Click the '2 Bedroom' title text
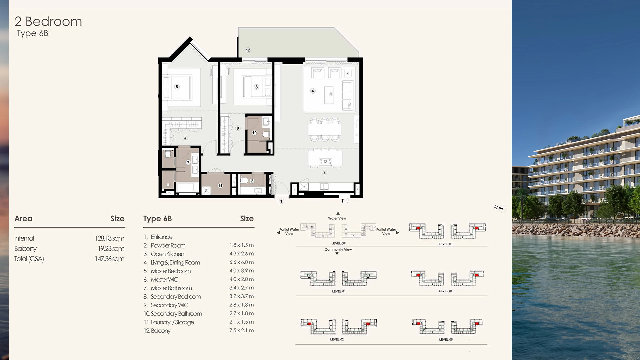(x=48, y=22)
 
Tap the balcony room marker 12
(x=248, y=50)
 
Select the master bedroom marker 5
(x=177, y=87)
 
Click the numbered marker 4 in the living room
(x=313, y=91)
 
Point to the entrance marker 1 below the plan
(x=281, y=201)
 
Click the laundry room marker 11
(x=220, y=186)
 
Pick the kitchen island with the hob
(x=325, y=159)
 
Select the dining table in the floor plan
(x=325, y=129)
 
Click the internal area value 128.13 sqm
(x=109, y=238)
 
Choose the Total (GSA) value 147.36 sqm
(x=109, y=259)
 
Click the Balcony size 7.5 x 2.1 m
(x=241, y=330)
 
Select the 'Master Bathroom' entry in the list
(x=171, y=288)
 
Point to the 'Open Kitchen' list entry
(x=167, y=254)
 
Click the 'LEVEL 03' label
(x=445, y=244)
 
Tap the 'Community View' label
(x=338, y=249)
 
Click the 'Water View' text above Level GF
(x=337, y=218)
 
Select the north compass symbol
(x=501, y=208)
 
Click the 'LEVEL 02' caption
(x=337, y=339)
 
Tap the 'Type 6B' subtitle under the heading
(x=33, y=33)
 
